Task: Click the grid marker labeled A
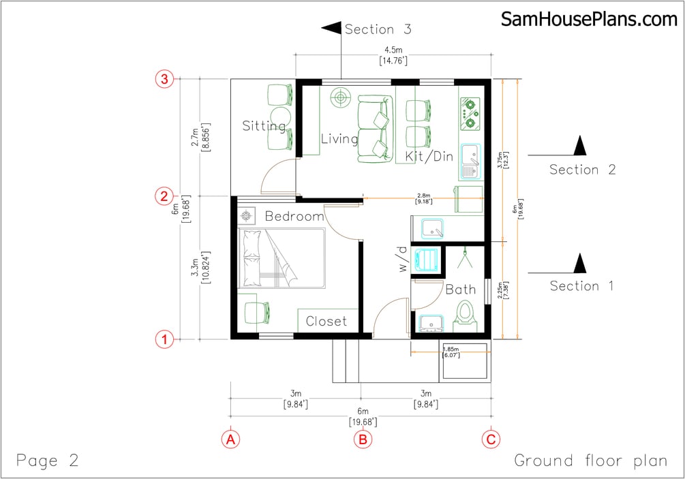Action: [x=231, y=439]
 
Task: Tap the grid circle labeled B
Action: [x=363, y=439]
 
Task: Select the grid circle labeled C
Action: [x=490, y=439]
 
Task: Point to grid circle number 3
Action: [x=164, y=80]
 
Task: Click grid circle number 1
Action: [x=164, y=338]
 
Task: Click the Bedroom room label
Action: [x=294, y=217]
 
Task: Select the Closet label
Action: [x=326, y=321]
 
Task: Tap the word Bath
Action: [x=460, y=290]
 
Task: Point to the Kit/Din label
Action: [x=429, y=156]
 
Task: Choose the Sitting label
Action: [x=264, y=126]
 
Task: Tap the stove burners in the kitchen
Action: [x=470, y=113]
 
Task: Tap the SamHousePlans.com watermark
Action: [x=589, y=19]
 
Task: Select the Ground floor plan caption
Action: [x=590, y=461]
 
